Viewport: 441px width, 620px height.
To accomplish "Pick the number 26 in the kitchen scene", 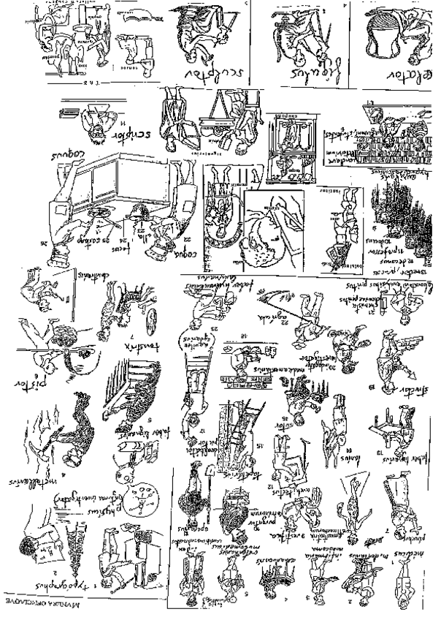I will click(x=49, y=246).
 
